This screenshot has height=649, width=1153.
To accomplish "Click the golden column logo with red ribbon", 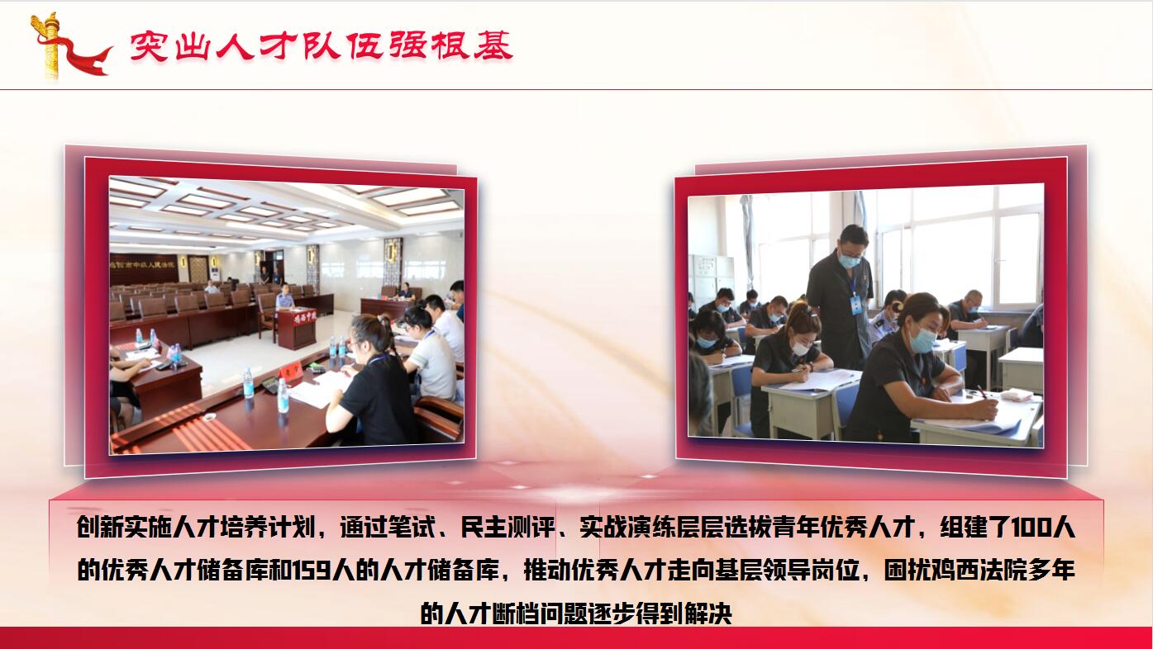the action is click(69, 46).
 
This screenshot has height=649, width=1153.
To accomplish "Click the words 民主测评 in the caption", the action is click(507, 528).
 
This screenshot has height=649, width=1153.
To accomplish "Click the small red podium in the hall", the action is click(296, 328).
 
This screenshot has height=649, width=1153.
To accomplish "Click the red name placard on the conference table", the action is click(290, 370).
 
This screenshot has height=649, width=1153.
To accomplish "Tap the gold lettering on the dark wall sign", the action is click(142, 265).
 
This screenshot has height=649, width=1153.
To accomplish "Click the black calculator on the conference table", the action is click(269, 385).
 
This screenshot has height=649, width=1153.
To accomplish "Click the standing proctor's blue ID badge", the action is click(855, 305).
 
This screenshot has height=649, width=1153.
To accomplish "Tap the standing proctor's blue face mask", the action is click(850, 261).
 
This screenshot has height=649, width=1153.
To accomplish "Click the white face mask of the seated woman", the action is click(800, 348).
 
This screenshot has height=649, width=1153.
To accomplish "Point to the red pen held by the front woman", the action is click(983, 392).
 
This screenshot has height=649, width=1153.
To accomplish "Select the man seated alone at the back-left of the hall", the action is click(211, 287).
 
